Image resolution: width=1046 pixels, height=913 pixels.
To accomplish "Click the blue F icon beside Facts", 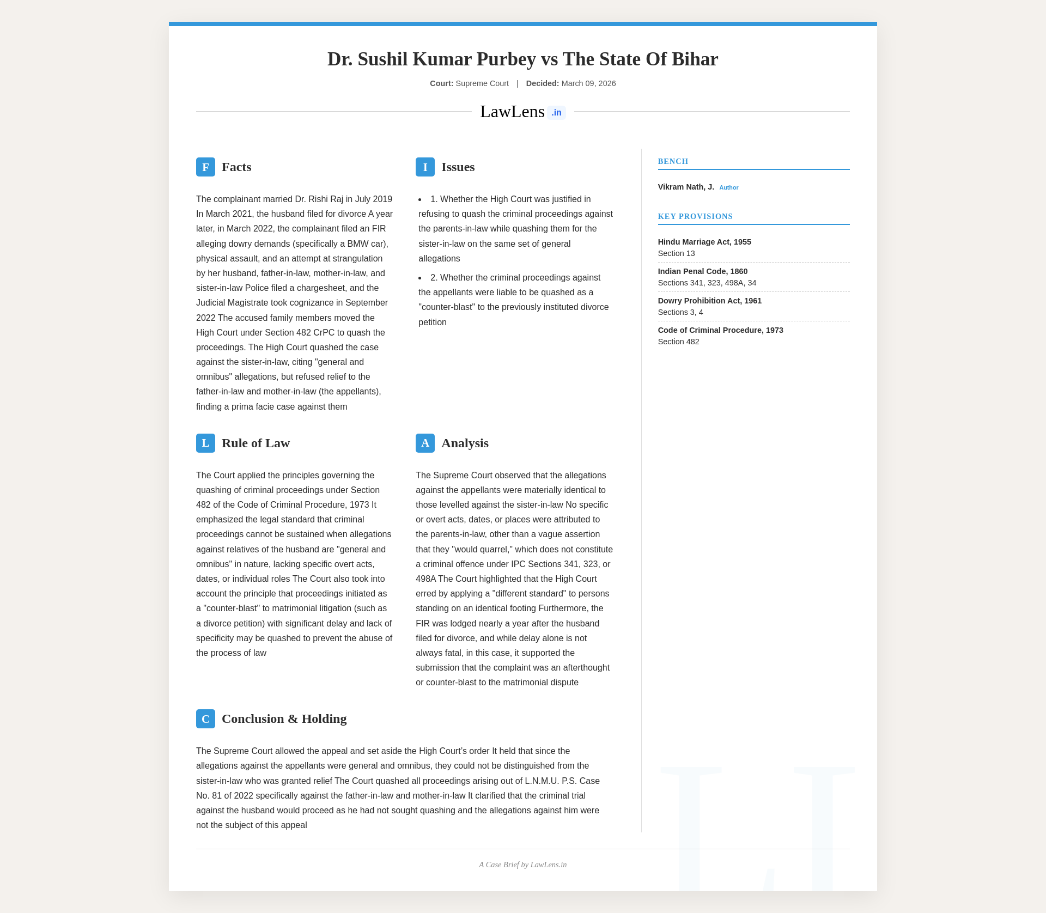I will click(205, 167).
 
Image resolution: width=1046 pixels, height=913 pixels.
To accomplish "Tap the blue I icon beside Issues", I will click(425, 167).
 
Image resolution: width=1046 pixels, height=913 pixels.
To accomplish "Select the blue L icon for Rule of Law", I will click(205, 443).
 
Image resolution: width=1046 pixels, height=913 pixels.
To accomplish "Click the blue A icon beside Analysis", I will click(425, 443).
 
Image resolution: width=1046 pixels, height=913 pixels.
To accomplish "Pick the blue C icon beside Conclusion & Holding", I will click(205, 719).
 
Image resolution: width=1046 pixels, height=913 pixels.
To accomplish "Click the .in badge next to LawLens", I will click(556, 113).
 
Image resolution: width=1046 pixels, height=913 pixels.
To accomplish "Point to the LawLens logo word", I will click(512, 112).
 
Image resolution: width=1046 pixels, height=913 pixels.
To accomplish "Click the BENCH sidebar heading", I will click(673, 162).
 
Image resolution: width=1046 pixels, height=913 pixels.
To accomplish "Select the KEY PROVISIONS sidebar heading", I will click(695, 217).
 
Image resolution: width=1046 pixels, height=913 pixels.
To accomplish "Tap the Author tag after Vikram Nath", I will click(728, 188).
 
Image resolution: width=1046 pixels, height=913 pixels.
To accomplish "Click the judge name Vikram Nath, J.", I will click(686, 187).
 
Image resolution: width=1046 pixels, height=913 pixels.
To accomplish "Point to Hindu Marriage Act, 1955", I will click(704, 242).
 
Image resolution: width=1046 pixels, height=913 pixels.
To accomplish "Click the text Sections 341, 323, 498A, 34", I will click(707, 283).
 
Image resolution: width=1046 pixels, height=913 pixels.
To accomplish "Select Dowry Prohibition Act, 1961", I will click(709, 301).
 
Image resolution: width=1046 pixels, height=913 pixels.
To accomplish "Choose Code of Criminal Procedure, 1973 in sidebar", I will click(720, 330).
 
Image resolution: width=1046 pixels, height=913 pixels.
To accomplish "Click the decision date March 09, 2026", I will click(588, 84).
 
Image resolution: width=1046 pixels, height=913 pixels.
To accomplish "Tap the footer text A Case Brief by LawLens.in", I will click(522, 865).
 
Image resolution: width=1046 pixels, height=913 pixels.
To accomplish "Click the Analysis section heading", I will click(465, 443).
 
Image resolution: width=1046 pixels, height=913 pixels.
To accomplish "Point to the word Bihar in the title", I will click(695, 59).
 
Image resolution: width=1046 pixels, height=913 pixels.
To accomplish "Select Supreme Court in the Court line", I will click(482, 84).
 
